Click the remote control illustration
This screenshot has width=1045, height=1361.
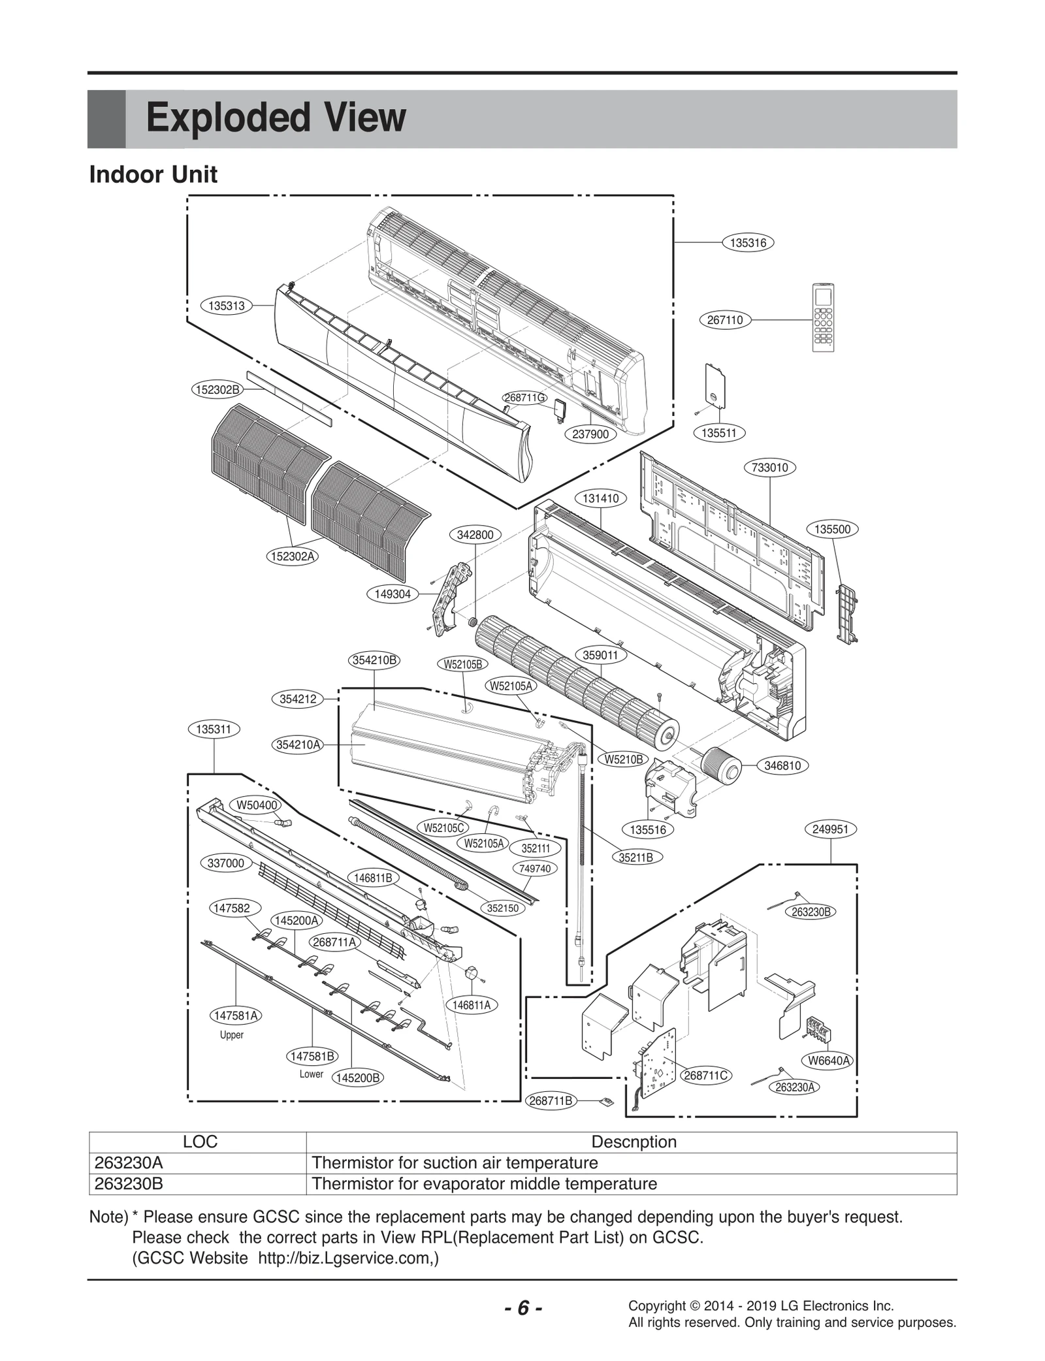pyautogui.click(x=823, y=317)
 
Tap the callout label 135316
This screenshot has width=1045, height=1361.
pyautogui.click(x=748, y=243)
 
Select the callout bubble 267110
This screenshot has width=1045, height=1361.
pyautogui.click(x=725, y=320)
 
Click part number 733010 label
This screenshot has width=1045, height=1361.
pyautogui.click(x=770, y=468)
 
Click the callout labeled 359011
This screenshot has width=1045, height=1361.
pyautogui.click(x=600, y=655)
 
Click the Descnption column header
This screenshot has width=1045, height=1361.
pyautogui.click(x=633, y=1142)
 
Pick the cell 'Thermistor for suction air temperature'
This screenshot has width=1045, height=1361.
pyautogui.click(x=455, y=1162)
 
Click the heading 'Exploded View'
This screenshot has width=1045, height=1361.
pyautogui.click(x=276, y=118)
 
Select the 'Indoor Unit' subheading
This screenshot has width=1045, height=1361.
pyautogui.click(x=153, y=175)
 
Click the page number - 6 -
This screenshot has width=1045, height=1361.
pyautogui.click(x=522, y=1307)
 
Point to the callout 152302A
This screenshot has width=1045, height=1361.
pyautogui.click(x=293, y=556)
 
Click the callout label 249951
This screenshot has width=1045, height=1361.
pyautogui.click(x=830, y=829)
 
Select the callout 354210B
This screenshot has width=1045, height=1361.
pyautogui.click(x=374, y=660)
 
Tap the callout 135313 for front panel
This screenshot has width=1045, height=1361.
pyautogui.click(x=226, y=306)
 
